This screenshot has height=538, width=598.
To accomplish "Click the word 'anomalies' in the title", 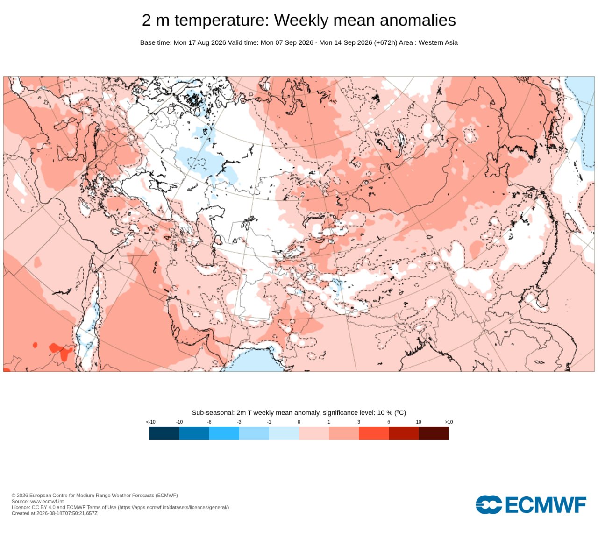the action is click(x=418, y=20).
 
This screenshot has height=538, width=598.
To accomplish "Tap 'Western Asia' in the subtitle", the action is click(x=438, y=42).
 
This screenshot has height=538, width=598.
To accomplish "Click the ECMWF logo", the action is click(x=531, y=505).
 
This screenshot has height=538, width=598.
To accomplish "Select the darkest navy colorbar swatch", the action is click(x=164, y=433).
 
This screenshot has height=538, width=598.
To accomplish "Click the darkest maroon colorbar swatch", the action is click(x=434, y=433).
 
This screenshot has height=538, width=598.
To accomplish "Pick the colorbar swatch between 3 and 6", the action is click(x=374, y=433).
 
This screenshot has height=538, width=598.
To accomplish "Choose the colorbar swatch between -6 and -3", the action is click(x=224, y=433).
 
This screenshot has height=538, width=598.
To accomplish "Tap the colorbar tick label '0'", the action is click(x=299, y=422).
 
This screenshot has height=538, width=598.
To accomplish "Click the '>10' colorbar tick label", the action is click(x=448, y=422).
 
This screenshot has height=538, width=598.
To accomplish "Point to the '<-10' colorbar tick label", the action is click(x=150, y=422).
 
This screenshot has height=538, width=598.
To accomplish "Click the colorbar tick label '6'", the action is click(x=389, y=422).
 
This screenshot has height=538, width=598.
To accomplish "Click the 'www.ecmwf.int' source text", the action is click(x=47, y=501).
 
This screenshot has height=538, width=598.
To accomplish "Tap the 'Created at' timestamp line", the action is click(x=55, y=513).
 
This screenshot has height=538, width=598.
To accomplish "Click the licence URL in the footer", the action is click(x=173, y=507).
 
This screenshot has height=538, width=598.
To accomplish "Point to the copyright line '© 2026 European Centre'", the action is click(x=95, y=496).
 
